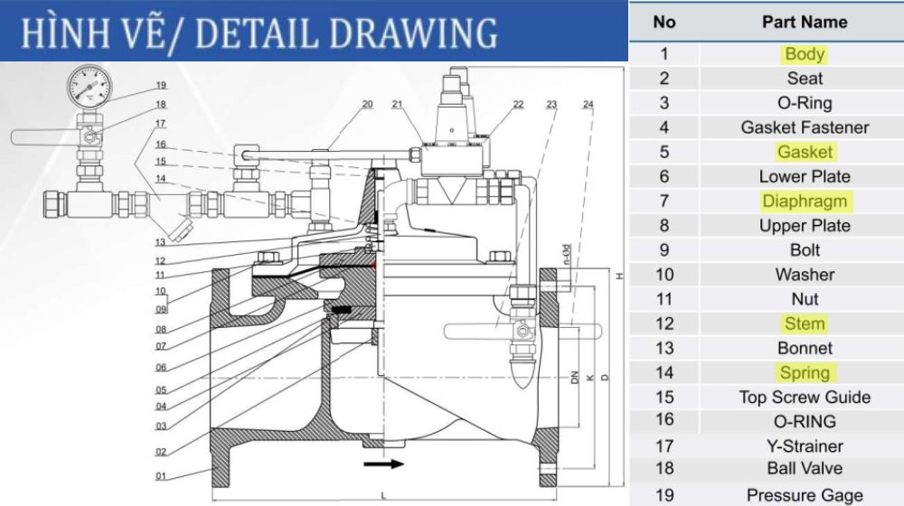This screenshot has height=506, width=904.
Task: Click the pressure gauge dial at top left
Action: tap(88, 89)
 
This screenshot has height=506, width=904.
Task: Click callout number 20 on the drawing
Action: tap(367, 104)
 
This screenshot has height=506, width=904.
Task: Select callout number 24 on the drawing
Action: tap(589, 105)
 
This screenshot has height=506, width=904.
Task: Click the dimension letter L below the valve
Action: tap(384, 495)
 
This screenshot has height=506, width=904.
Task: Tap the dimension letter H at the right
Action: tap(619, 277)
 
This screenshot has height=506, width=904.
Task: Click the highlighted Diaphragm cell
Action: tap(805, 201)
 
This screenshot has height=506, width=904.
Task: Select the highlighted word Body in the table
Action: tap(805, 54)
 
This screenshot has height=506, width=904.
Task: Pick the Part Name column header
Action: tap(805, 22)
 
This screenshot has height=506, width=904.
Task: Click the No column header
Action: tap(664, 22)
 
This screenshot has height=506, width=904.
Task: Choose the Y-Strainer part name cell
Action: tap(805, 445)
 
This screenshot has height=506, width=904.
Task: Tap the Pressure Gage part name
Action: tap(805, 495)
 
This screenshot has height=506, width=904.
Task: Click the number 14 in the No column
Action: tap(664, 372)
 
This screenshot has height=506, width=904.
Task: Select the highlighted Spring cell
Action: tap(805, 372)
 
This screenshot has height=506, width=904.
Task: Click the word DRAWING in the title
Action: tap(411, 33)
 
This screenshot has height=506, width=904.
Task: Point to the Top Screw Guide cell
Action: tap(805, 397)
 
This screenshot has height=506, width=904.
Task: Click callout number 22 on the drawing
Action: tap(518, 104)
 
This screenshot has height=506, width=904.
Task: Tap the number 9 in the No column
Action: tap(664, 249)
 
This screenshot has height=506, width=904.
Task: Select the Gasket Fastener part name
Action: tap(805, 127)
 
